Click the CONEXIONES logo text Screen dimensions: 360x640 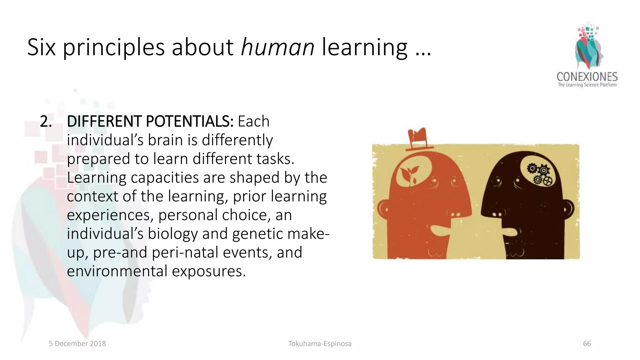[587, 77]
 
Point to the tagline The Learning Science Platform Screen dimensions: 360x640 [587, 85]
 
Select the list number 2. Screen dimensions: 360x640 [46, 122]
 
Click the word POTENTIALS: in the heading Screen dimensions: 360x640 [189, 122]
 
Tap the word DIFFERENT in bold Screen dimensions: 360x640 [104, 122]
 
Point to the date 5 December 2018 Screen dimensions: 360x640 [77, 344]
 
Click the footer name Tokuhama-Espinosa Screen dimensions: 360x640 [320, 344]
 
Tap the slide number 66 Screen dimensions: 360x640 [587, 344]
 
